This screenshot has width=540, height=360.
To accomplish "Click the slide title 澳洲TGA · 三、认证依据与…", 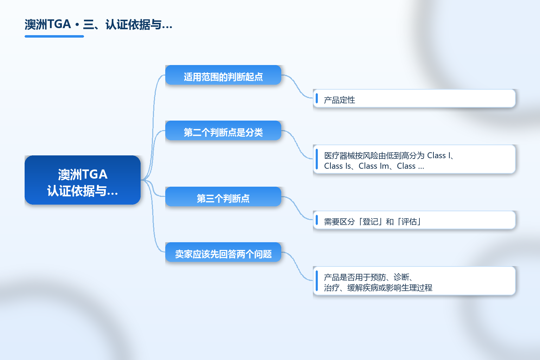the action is tap(98, 25).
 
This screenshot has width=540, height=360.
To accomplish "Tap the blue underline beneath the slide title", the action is tap(54, 37).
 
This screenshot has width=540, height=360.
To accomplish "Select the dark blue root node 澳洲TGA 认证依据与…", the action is tap(83, 180).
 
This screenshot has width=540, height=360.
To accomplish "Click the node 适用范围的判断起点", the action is tap(223, 75).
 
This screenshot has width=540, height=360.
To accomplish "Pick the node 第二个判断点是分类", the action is tap(223, 130).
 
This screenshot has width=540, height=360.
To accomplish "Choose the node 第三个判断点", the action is tap(223, 197).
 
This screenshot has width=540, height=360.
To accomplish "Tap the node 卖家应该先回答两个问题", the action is tap(223, 252).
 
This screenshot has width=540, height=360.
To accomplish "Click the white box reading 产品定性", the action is tap(414, 98).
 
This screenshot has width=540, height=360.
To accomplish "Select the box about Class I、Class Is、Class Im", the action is tap(414, 159).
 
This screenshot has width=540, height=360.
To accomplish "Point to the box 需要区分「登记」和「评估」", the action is tap(414, 220).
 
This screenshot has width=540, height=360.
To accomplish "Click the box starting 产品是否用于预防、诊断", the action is tap(414, 281).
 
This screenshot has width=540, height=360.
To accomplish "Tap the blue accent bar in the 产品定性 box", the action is tap(317, 98).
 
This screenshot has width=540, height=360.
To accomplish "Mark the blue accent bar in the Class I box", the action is tap(317, 159).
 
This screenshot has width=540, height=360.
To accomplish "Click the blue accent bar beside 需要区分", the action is tap(317, 220).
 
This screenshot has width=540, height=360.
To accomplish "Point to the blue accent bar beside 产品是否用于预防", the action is tap(317, 281).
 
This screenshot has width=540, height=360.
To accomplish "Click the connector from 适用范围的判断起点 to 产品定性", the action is tap(297, 86).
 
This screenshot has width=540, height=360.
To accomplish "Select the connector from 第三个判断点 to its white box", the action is tap(297, 208).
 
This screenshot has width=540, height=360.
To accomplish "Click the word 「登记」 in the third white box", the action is tap(370, 221).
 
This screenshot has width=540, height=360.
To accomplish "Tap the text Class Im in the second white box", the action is tap(374, 166).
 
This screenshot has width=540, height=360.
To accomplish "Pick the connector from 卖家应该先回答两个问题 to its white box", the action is tap(297, 266).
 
